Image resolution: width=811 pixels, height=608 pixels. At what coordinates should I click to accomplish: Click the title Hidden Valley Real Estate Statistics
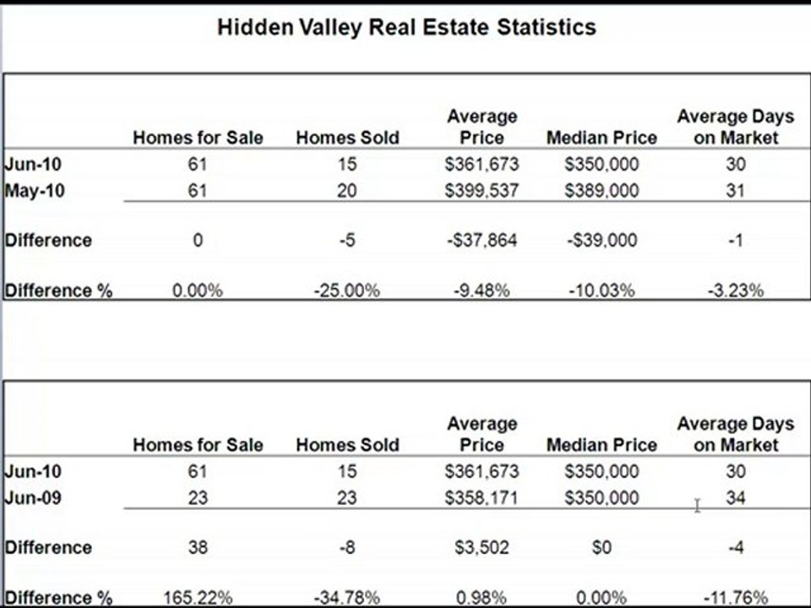(x=406, y=27)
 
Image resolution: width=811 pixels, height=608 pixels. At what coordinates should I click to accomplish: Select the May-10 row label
(x=34, y=191)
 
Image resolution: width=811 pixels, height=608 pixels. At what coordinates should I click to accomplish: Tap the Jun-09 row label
(x=33, y=498)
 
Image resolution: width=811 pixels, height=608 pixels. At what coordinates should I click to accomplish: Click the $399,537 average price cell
(x=482, y=191)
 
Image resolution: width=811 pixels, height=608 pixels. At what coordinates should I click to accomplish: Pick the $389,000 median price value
(x=601, y=191)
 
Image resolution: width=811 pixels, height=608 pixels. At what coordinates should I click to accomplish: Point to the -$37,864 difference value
(x=482, y=241)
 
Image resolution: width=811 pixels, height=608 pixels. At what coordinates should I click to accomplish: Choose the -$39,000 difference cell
(x=601, y=241)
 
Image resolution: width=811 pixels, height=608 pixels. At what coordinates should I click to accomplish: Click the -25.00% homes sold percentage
(x=346, y=290)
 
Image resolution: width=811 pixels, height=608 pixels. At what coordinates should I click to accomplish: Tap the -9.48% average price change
(x=482, y=290)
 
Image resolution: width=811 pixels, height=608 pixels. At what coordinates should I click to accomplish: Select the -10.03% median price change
(x=601, y=290)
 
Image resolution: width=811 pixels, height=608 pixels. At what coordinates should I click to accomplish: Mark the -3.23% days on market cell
(x=735, y=290)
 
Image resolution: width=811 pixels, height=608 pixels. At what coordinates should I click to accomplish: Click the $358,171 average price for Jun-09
(x=482, y=498)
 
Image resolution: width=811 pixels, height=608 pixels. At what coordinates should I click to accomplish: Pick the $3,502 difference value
(x=482, y=548)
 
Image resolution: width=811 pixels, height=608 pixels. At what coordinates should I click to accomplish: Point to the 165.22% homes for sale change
(x=198, y=598)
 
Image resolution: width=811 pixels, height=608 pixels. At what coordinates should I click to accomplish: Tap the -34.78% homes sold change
(x=346, y=598)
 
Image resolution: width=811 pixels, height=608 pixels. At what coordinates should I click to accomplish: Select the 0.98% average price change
(x=482, y=598)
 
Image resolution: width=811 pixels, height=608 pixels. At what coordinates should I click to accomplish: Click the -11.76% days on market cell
(x=735, y=598)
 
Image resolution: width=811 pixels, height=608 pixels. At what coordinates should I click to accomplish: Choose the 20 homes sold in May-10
(x=346, y=191)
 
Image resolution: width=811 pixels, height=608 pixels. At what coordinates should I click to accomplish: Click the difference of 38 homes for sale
(x=198, y=548)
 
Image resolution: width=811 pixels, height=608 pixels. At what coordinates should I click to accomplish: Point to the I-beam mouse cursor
(x=697, y=505)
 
